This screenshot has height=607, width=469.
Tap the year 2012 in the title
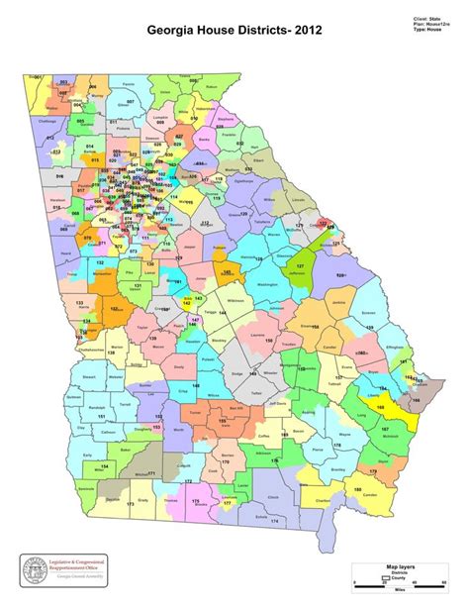(x=304, y=32)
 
